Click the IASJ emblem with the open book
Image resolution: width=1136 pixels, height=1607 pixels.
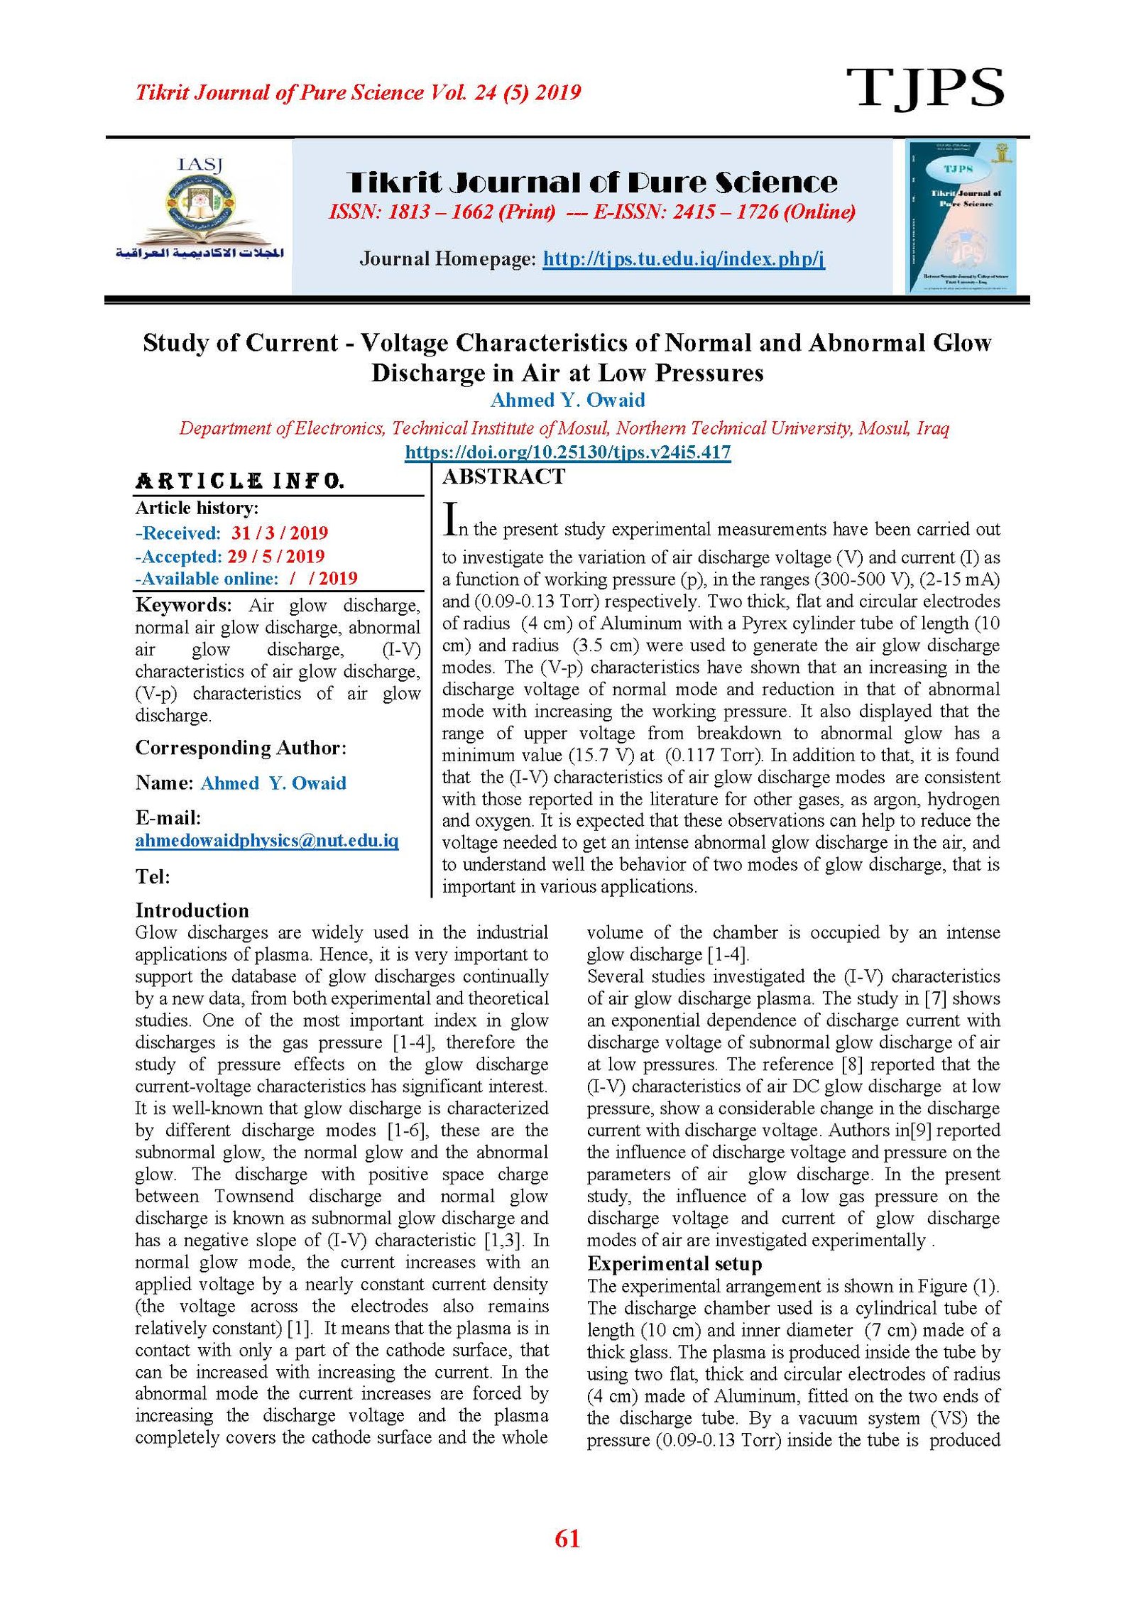pos(201,209)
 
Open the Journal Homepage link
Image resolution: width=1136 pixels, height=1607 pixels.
pos(683,258)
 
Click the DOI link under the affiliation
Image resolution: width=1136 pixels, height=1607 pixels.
pos(567,452)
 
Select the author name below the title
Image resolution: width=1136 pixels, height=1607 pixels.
pos(567,401)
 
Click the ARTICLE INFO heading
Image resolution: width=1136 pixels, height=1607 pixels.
pos(240,481)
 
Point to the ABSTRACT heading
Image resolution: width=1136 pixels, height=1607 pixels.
pos(503,477)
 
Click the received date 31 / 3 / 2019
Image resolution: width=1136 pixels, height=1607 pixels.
pos(280,533)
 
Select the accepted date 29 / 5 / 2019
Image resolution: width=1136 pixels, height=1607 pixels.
pos(275,556)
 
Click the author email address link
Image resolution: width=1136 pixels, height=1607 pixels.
pos(267,841)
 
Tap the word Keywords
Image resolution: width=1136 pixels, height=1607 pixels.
pos(183,605)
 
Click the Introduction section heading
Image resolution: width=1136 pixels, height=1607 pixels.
pos(192,911)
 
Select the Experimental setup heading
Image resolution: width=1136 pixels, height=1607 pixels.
pos(674,1264)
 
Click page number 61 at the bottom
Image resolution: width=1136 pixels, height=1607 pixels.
pos(567,1539)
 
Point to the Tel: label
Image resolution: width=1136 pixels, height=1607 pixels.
pos(153,877)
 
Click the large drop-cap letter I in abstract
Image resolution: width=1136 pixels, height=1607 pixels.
pos(449,519)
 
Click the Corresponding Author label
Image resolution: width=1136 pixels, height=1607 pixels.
pos(241,748)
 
